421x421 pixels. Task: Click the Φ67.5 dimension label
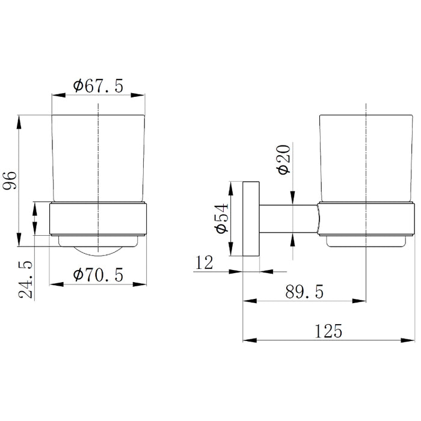point(98,86)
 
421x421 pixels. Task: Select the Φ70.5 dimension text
point(98,275)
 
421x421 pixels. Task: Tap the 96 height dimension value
point(10,180)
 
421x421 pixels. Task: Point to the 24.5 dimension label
point(26,279)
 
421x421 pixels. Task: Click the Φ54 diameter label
point(221,218)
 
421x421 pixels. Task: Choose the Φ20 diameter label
point(284,160)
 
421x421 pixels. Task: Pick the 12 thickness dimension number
point(204,262)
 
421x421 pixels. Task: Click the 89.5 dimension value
point(304,292)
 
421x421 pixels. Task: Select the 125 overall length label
point(328,331)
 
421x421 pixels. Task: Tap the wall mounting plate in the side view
point(251,219)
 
